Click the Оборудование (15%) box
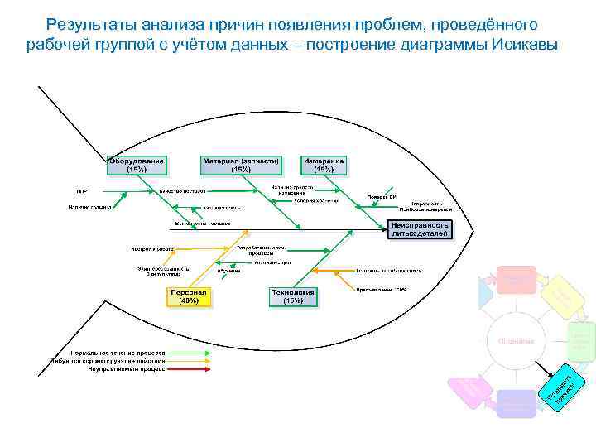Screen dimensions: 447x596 [137, 165]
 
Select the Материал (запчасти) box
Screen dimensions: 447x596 [241, 165]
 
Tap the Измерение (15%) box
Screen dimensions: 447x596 [324, 165]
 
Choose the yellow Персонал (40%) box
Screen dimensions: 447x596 [189, 297]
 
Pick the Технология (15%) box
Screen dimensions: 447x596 [293, 297]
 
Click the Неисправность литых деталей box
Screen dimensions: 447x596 [421, 228]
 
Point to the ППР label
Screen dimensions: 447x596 [82, 191]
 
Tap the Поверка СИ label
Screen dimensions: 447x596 [382, 197]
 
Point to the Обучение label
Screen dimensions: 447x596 [229, 271]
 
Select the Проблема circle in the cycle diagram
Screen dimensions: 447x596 [516, 341]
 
